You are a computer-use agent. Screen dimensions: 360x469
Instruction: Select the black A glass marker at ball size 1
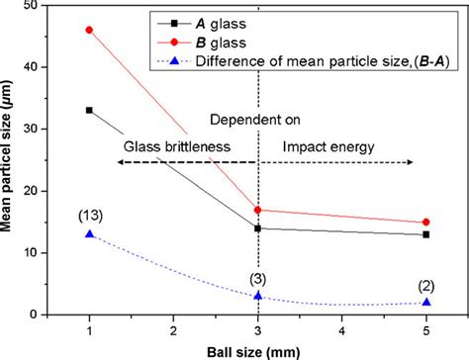(90, 110)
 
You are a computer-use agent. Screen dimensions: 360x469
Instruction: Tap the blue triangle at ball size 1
(90, 234)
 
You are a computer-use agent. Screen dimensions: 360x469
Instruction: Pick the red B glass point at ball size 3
(258, 210)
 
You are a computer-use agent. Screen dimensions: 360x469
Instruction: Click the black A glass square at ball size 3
(258, 228)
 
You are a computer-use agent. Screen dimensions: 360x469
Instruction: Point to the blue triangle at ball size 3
(258, 296)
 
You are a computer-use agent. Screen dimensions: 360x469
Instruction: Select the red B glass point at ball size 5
(426, 223)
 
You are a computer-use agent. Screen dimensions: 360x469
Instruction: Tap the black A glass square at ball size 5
(426, 234)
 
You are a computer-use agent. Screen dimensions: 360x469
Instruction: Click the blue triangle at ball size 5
(426, 302)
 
